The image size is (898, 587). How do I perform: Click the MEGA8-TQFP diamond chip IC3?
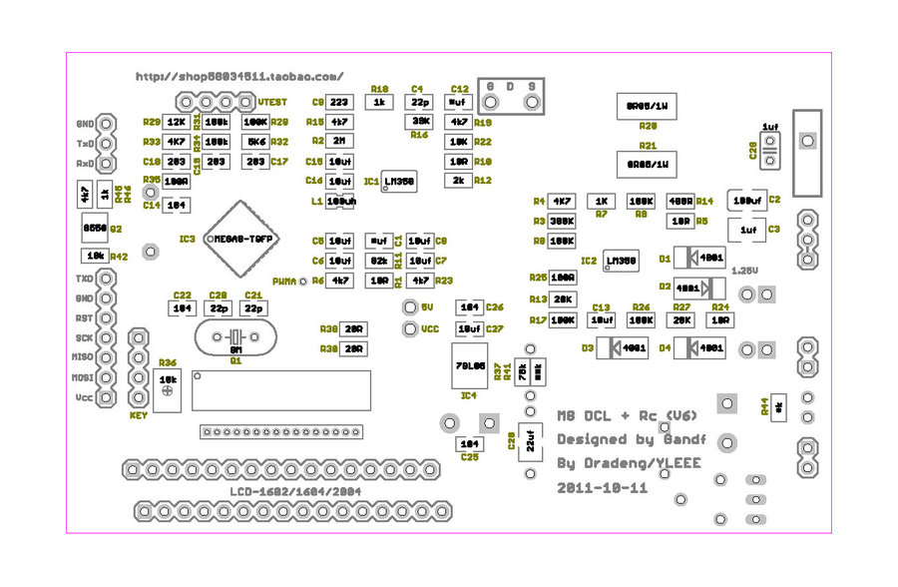click(x=241, y=240)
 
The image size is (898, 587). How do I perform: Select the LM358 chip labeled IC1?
click(x=399, y=181)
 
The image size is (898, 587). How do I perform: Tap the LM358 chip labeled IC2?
click(x=621, y=262)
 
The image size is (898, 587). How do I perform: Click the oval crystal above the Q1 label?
click(x=235, y=337)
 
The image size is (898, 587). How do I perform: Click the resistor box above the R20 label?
click(x=648, y=106)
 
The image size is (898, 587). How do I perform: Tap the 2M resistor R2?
click(x=339, y=141)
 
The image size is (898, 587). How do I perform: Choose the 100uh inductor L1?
click(x=340, y=201)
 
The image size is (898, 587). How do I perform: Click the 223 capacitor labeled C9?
click(x=339, y=102)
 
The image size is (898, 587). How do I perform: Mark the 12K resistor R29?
click(x=176, y=122)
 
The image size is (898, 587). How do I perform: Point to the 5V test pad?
click(x=408, y=307)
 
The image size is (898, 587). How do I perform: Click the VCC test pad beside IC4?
click(x=408, y=328)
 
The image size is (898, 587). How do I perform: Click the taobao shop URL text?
click(x=239, y=76)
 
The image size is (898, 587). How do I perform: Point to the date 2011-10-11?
click(x=603, y=489)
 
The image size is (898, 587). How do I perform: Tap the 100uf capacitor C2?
click(x=745, y=201)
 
